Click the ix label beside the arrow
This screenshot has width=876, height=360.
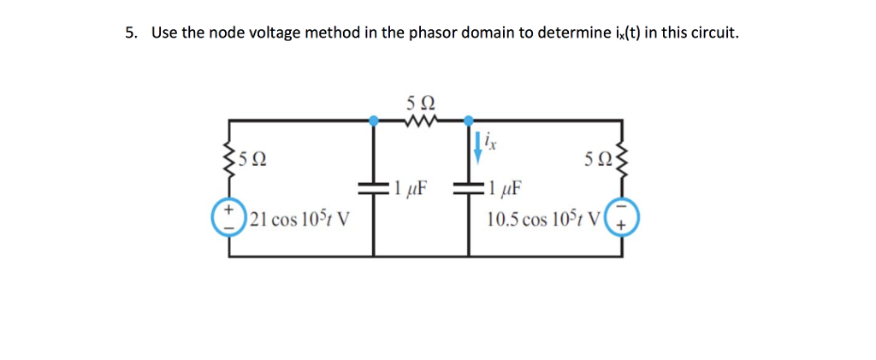coord(488,138)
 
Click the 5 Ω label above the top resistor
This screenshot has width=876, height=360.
coord(420,103)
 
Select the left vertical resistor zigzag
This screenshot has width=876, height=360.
coord(228,158)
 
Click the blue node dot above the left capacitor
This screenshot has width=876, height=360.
coord(373,121)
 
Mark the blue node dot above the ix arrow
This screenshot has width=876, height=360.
coord(469,121)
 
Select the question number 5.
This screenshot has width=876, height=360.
coord(129,33)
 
